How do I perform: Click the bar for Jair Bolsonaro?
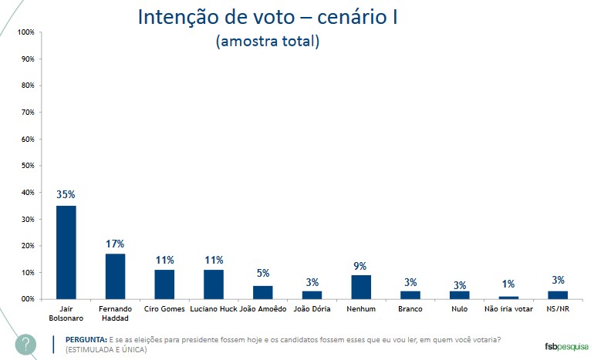[66, 252]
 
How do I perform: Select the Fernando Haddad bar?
[115, 276]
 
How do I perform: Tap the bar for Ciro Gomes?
[164, 284]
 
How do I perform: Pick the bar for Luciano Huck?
[214, 284]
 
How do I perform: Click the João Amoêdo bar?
[263, 292]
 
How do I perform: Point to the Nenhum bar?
[361, 287]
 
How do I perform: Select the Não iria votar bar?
[508, 298]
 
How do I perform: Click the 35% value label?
[66, 195]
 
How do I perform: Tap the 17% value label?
[115, 244]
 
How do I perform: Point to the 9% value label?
[361, 265]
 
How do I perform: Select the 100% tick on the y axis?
[25, 32]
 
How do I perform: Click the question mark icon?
[26, 344]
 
